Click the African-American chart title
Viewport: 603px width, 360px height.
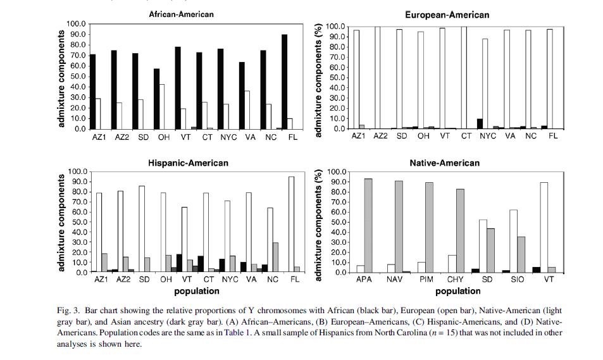pos(181,14)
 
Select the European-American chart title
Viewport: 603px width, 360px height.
pos(447,15)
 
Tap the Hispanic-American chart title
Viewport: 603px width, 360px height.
pos(189,163)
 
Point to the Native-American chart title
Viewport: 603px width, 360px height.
pos(444,163)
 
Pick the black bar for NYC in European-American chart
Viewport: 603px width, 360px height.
pos(480,124)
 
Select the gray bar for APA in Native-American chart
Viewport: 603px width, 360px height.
pos(368,225)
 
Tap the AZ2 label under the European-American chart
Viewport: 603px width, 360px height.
pos(380,136)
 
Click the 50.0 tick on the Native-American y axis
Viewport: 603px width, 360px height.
pos(335,222)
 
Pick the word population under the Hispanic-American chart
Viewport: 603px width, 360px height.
pos(197,291)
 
